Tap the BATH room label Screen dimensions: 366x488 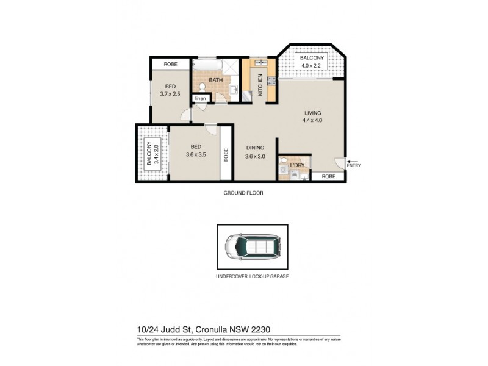[215, 80]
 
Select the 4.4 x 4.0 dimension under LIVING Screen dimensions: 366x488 [312, 121]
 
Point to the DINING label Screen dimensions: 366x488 [255, 147]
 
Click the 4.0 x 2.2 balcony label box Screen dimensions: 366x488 [312, 62]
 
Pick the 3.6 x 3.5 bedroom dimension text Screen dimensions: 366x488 [196, 154]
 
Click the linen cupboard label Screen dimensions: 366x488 [200, 98]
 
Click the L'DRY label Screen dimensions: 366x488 [297, 165]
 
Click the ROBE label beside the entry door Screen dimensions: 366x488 [328, 176]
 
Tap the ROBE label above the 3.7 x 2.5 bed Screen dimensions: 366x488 [170, 64]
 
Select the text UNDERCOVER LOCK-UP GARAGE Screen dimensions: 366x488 [253, 276]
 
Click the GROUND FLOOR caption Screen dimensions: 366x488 [243, 193]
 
